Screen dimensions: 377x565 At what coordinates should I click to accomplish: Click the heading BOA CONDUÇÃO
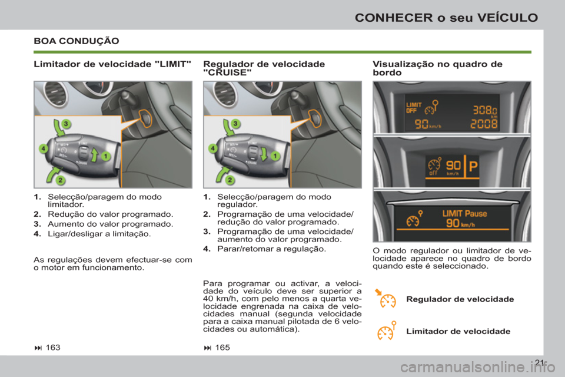point(77,41)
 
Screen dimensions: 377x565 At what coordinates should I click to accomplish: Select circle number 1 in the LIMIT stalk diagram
point(106,156)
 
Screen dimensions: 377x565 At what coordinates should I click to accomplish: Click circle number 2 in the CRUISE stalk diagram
point(231,178)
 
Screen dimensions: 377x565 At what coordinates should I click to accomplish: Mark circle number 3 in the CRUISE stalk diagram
point(235,123)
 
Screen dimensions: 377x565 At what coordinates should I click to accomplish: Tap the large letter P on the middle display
point(473,167)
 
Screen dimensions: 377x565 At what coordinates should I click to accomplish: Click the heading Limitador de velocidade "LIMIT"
point(112,64)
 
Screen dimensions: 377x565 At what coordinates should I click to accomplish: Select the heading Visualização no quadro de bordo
point(437,68)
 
